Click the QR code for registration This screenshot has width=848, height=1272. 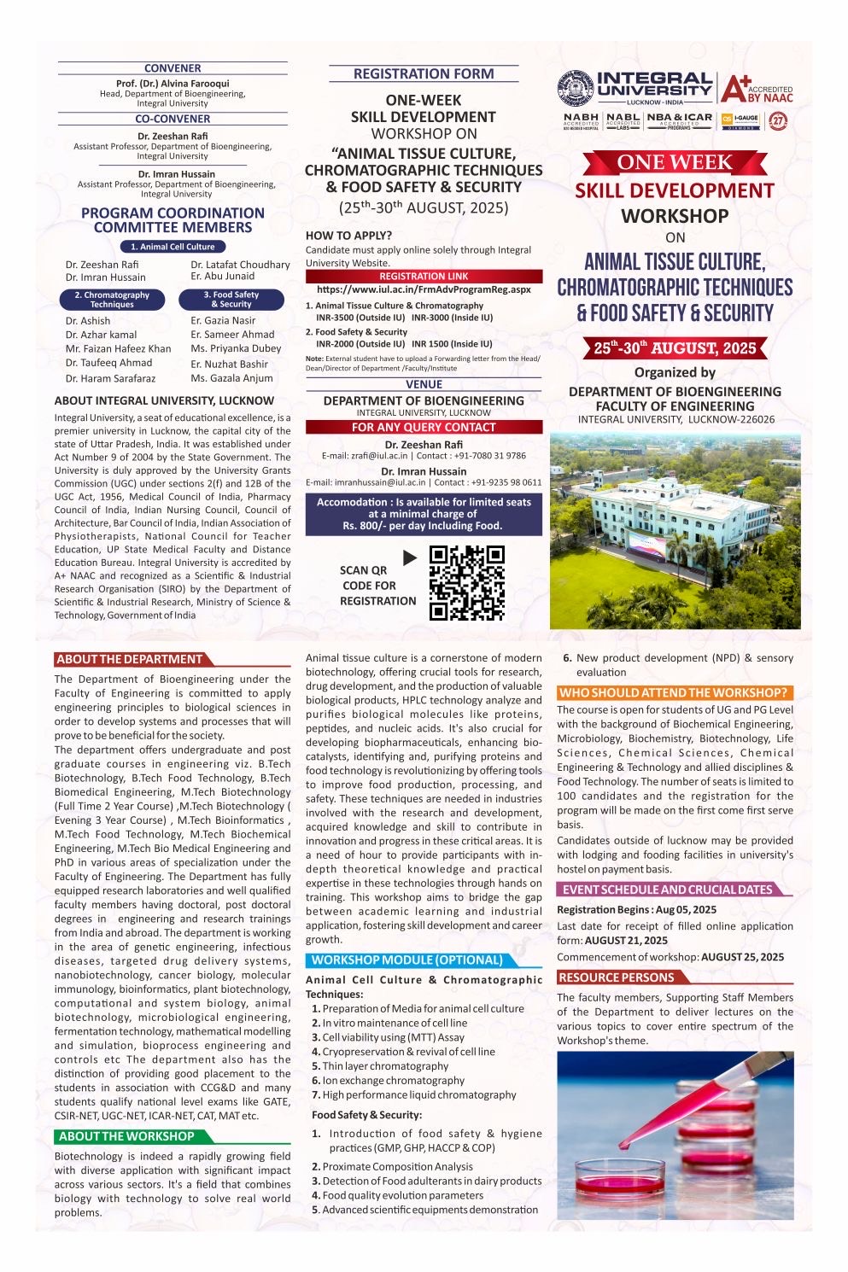tap(466, 583)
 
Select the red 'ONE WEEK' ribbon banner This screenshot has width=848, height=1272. tap(675, 162)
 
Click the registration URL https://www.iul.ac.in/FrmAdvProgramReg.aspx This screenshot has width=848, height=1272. tap(424, 289)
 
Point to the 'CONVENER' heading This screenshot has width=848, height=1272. tap(173, 68)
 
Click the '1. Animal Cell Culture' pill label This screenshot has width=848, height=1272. tap(173, 247)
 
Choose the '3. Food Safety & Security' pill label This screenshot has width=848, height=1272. tap(231, 300)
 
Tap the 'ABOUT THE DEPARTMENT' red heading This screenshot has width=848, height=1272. tap(130, 659)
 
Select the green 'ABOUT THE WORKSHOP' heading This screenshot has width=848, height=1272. tap(126, 1136)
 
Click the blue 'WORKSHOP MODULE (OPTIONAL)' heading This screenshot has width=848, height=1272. tap(406, 960)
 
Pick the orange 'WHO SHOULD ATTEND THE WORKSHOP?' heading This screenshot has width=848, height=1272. tap(672, 692)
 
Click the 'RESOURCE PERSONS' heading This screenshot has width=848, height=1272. tap(617, 977)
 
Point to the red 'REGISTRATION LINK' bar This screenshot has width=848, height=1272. tap(424, 277)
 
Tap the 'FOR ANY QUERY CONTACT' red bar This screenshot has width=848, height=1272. tap(424, 427)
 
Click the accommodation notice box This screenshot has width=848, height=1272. tap(424, 514)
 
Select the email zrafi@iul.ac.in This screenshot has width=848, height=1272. tap(366, 456)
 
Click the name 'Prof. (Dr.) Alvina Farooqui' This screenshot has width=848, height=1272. tap(173, 84)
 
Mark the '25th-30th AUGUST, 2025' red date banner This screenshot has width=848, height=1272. tap(675, 348)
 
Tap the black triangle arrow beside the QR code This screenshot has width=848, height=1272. tap(409, 557)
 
